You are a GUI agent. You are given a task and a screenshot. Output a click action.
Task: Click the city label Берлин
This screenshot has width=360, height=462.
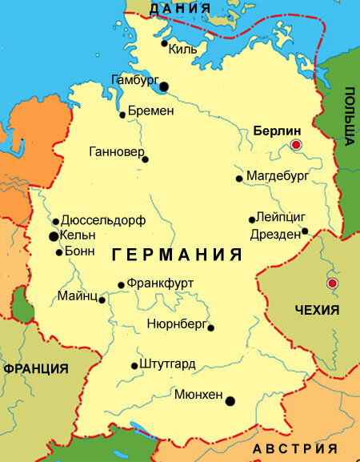[x=276, y=130]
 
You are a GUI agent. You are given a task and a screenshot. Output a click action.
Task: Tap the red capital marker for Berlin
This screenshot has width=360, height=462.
[x=296, y=145]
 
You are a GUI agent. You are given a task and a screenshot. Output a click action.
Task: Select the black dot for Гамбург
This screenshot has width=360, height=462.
[x=164, y=86]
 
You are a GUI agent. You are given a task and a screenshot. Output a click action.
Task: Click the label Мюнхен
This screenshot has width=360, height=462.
[x=199, y=394]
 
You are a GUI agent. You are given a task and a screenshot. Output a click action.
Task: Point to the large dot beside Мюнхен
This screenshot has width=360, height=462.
[x=230, y=401]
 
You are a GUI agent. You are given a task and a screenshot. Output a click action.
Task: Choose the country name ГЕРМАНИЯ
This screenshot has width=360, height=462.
[x=177, y=255]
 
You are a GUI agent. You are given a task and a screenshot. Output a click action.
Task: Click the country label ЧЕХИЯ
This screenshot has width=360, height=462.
[x=317, y=310]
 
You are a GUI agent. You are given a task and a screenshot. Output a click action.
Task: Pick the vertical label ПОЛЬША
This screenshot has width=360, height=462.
[x=350, y=117]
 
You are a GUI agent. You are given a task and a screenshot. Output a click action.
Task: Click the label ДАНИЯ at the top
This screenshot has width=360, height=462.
[x=180, y=9]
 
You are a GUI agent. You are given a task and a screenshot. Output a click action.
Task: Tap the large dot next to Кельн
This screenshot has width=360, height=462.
[x=54, y=236]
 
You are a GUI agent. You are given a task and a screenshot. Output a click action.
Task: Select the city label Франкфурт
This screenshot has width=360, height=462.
[x=160, y=283]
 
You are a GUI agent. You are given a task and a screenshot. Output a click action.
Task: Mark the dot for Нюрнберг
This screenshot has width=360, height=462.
[x=210, y=327]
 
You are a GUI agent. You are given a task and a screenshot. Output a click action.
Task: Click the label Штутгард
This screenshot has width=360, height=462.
[x=167, y=364]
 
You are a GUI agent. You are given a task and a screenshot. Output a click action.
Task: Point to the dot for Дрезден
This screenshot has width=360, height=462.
[x=305, y=232]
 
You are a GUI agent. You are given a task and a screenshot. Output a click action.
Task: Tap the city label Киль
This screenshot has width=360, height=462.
[x=183, y=49]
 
